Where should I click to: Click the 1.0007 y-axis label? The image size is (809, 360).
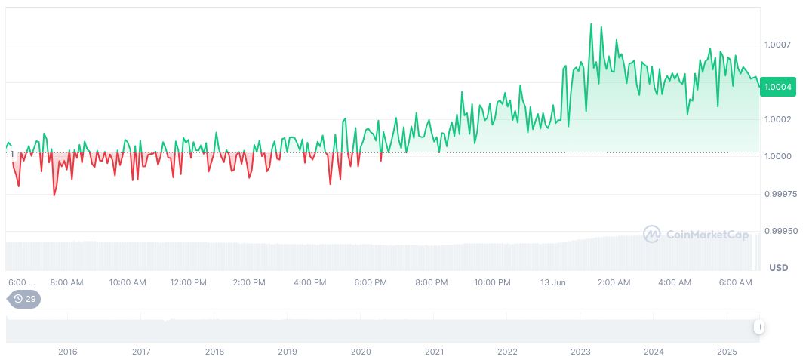[x=777, y=45]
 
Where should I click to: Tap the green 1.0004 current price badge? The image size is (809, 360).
[x=778, y=87]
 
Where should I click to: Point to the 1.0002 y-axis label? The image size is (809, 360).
[x=777, y=120]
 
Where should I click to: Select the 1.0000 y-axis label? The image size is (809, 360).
[x=777, y=157]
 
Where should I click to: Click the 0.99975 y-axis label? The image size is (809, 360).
[x=780, y=195]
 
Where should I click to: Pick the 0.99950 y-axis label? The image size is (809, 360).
[x=780, y=231]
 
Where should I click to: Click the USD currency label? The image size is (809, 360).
[x=778, y=268]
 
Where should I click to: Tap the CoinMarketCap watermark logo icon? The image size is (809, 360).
[x=652, y=235]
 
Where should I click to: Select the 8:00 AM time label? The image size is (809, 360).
[x=66, y=283]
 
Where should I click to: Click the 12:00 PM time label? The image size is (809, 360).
[x=188, y=283]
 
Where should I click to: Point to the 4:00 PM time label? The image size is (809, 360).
[x=309, y=283]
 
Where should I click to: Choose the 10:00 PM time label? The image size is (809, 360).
[x=492, y=283]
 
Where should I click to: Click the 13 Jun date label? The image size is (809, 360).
[x=553, y=283]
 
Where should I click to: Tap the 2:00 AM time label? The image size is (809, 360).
[x=614, y=283]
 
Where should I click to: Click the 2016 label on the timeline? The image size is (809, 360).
[x=68, y=352]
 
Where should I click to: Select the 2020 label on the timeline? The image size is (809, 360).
[x=361, y=352]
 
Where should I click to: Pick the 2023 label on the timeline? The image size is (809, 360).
[x=580, y=352]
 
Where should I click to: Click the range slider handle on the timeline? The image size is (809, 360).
[x=758, y=327]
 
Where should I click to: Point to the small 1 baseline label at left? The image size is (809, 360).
[x=11, y=154]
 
